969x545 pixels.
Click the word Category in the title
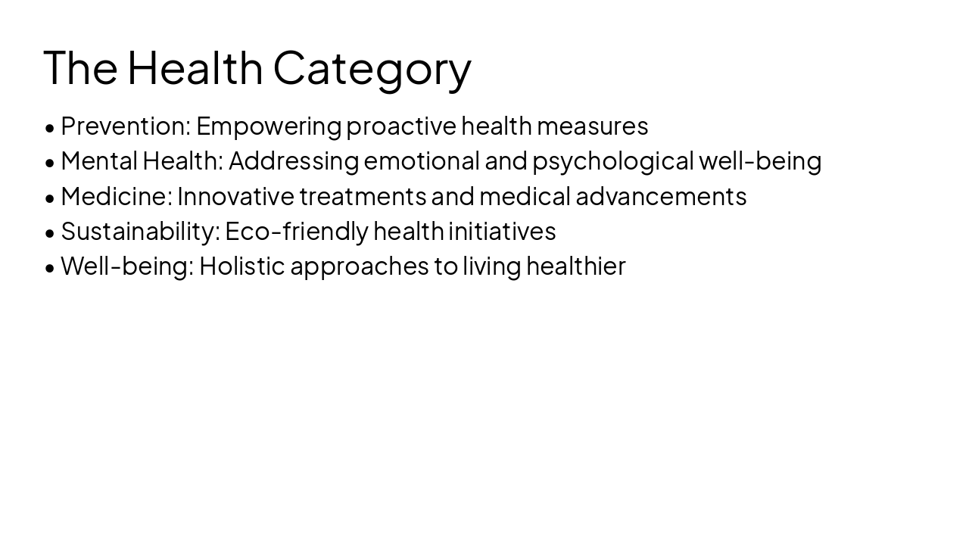[x=372, y=68]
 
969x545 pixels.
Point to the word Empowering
[x=269, y=126]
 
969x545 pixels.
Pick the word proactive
[x=401, y=126]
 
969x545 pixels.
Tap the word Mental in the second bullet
[x=99, y=160]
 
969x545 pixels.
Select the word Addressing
[x=293, y=161]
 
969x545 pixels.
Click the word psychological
[x=612, y=161]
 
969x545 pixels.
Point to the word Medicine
[x=116, y=196]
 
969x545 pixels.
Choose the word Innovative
[x=235, y=196]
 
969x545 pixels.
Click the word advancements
[x=661, y=196]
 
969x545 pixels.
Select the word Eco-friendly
[x=296, y=231]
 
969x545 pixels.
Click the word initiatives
[x=502, y=231]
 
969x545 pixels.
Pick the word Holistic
[x=241, y=266]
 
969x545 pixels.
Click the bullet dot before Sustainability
[x=50, y=233]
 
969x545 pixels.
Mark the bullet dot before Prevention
[x=50, y=128]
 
